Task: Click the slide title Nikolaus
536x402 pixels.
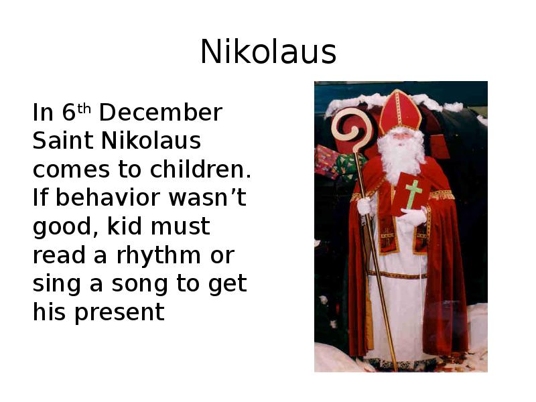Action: click(268, 52)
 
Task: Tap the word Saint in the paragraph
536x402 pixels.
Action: click(64, 141)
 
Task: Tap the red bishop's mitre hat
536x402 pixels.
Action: click(399, 111)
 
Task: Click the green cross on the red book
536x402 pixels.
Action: click(413, 193)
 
